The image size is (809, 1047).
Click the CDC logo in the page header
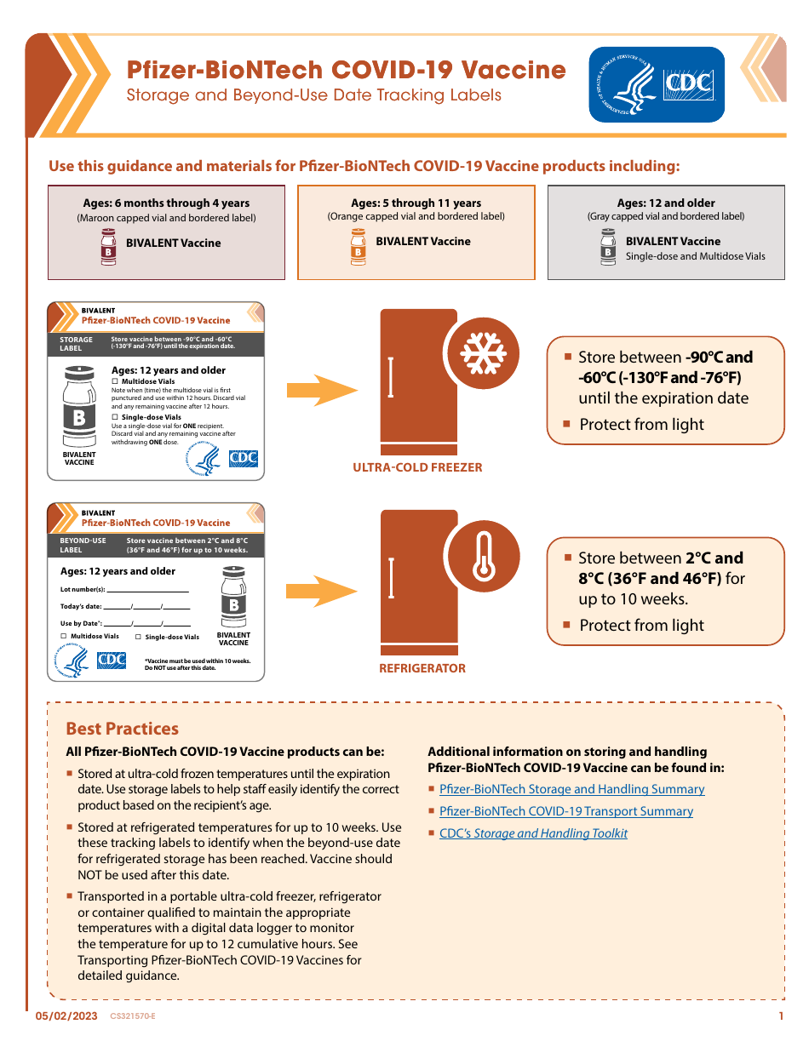[x=657, y=84]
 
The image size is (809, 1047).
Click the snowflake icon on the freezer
[x=484, y=352]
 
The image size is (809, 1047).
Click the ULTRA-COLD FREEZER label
[x=417, y=467]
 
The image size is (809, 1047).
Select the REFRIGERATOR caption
[x=422, y=668]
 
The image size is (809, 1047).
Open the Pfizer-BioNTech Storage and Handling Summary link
[x=571, y=789]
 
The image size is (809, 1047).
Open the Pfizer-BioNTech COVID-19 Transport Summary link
[x=565, y=811]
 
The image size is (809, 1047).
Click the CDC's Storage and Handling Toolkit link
[x=533, y=833]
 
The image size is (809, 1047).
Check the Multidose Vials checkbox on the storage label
[x=115, y=382]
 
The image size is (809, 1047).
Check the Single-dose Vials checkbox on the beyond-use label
[x=138, y=637]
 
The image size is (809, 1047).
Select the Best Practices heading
[x=123, y=729]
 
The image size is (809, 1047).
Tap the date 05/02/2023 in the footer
[x=66, y=1016]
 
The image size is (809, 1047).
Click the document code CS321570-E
[x=133, y=1016]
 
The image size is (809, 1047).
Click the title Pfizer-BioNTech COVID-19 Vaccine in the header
[x=346, y=70]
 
